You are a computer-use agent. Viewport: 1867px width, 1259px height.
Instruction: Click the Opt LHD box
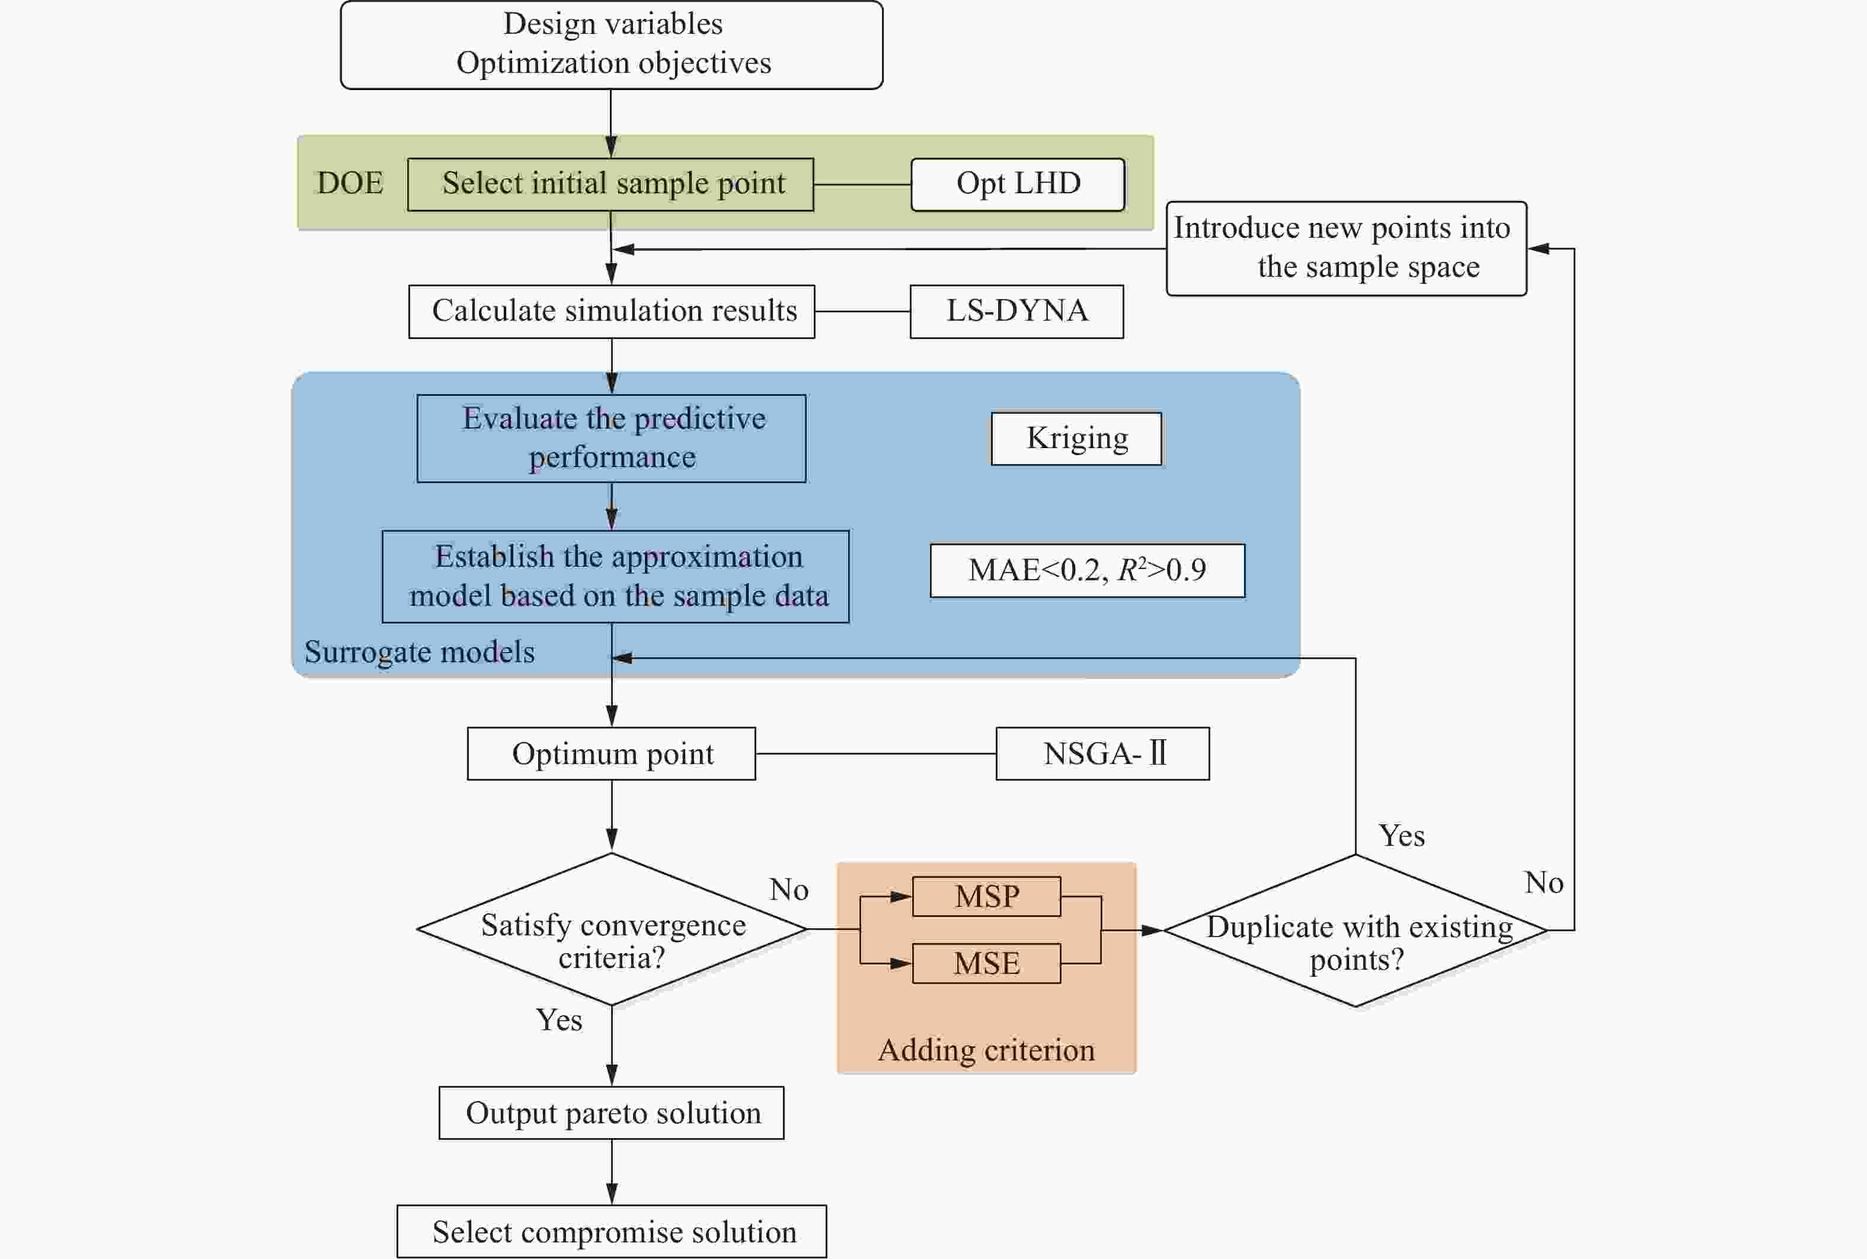pos(1018,185)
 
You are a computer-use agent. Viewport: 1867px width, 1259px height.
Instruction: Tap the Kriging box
pos(1076,439)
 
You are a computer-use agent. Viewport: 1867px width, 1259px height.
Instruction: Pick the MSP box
pos(986,896)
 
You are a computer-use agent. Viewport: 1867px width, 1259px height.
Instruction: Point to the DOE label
pos(350,183)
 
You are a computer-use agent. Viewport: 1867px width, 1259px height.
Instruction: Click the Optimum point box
pos(612,753)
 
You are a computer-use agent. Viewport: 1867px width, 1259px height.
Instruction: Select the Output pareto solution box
pos(612,1113)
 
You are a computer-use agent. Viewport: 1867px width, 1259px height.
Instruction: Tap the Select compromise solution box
pos(612,1232)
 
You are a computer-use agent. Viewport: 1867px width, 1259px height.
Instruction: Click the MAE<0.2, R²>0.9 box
pos(1088,570)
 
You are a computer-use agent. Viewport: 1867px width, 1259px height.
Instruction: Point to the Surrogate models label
pos(419,652)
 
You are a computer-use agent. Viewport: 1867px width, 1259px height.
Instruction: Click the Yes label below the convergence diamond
pos(560,1021)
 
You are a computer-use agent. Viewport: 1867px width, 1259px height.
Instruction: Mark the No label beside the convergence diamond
pos(789,890)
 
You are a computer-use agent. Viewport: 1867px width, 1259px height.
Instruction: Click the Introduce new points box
pos(1346,248)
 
